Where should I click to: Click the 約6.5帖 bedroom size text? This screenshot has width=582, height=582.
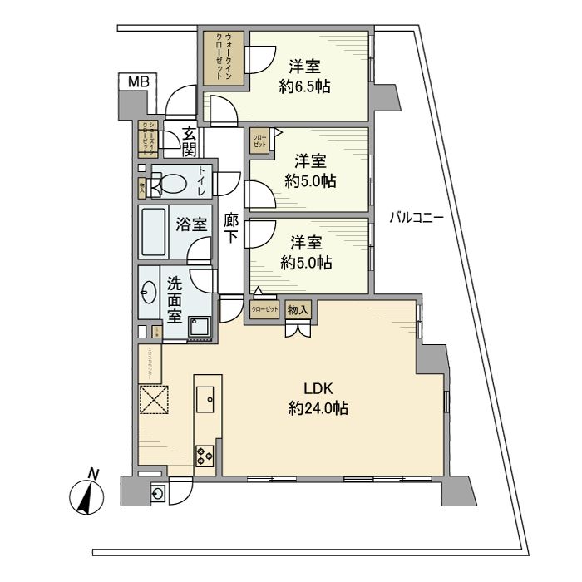(305, 86)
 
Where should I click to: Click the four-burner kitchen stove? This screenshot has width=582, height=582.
(205, 454)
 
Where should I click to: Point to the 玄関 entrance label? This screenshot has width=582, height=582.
(190, 141)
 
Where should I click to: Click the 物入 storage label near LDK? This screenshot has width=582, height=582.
(298, 310)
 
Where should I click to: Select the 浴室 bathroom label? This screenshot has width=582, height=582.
(191, 224)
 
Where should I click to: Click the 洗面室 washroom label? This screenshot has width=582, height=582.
(175, 298)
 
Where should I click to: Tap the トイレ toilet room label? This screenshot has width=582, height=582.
(201, 180)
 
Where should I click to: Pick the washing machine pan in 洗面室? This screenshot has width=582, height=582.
(200, 327)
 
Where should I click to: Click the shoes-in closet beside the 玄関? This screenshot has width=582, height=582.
(148, 140)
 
